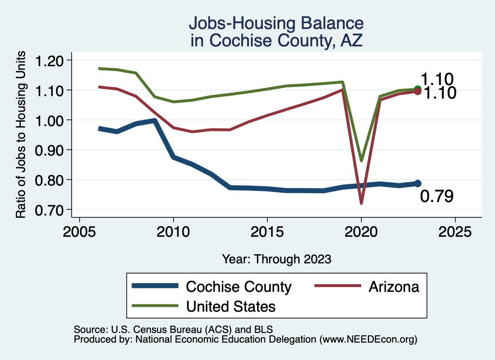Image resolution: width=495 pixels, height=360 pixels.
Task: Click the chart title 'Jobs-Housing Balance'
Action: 276,23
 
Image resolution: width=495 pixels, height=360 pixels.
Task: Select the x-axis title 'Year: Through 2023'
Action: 277,259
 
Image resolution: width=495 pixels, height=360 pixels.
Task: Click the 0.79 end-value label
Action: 437,197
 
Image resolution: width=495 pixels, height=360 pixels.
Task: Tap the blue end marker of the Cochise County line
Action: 418,184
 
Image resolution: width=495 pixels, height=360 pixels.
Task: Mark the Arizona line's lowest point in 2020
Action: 361,203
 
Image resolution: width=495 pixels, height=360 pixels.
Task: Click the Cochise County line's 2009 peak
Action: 154,120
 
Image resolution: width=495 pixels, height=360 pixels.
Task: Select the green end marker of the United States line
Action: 418,89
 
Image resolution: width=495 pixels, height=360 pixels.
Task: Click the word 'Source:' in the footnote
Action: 90,329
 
